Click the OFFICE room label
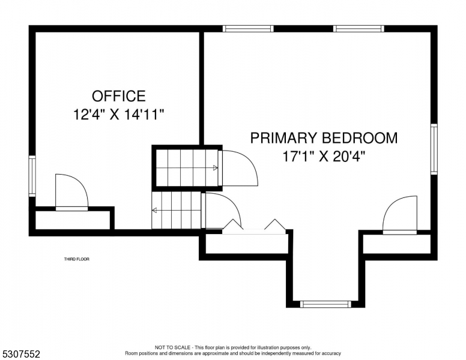click(x=118, y=96)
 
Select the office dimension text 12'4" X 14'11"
click(x=118, y=115)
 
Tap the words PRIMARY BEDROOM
click(x=324, y=138)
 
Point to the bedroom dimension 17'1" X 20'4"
click(x=324, y=156)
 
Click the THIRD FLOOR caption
click(x=77, y=259)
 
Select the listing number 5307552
click(x=21, y=354)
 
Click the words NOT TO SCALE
click(x=172, y=347)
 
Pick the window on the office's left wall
click(x=32, y=176)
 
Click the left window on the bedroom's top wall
click(x=248, y=29)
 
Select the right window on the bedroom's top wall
click(x=359, y=29)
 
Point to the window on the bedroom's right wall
click(x=434, y=149)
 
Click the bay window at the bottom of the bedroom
click(x=325, y=304)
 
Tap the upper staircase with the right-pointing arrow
click(x=187, y=168)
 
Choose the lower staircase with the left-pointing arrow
click(x=176, y=210)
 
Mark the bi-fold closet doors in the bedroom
click(x=254, y=227)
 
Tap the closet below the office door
click(x=74, y=220)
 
